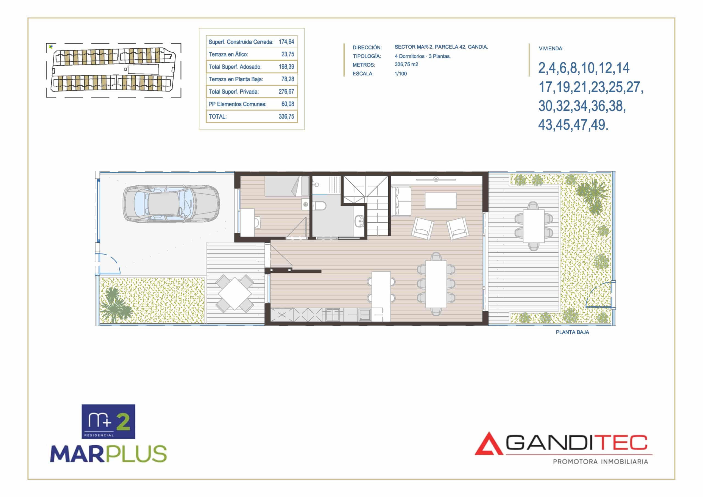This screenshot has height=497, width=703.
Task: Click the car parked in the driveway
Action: pos(171,203)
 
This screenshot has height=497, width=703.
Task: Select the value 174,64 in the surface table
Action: pos(286,42)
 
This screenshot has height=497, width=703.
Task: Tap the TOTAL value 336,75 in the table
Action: pos(286,116)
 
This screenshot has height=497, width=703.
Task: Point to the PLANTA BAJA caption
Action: pos(572,332)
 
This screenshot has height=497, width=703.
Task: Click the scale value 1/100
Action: pos(400,74)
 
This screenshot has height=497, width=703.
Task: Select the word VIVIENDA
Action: pos(551,48)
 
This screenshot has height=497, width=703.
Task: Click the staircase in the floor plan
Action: pos(366,205)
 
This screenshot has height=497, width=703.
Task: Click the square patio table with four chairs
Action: pos(235,293)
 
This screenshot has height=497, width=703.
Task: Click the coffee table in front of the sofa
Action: pos(440,201)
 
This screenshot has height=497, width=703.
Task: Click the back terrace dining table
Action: pos(533,226)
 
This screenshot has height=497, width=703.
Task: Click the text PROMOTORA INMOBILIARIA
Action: pos(600,462)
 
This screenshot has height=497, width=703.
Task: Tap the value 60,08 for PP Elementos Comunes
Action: pos(288,104)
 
